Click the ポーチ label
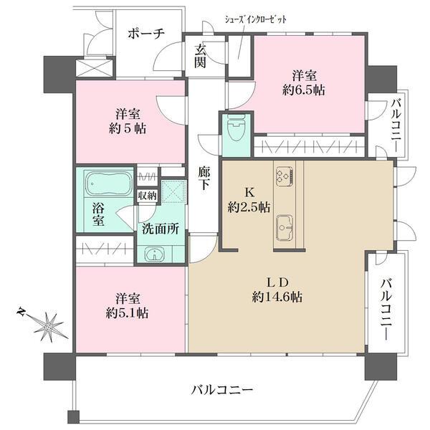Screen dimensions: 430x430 point(147,33)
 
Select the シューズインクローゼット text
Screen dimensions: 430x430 point(256,20)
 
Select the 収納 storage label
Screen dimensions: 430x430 point(148,194)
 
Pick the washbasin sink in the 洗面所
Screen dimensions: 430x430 point(153,254)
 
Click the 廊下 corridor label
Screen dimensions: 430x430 point(206,178)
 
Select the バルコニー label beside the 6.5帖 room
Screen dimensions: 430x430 point(396,125)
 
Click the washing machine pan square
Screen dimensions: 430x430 point(172,191)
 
